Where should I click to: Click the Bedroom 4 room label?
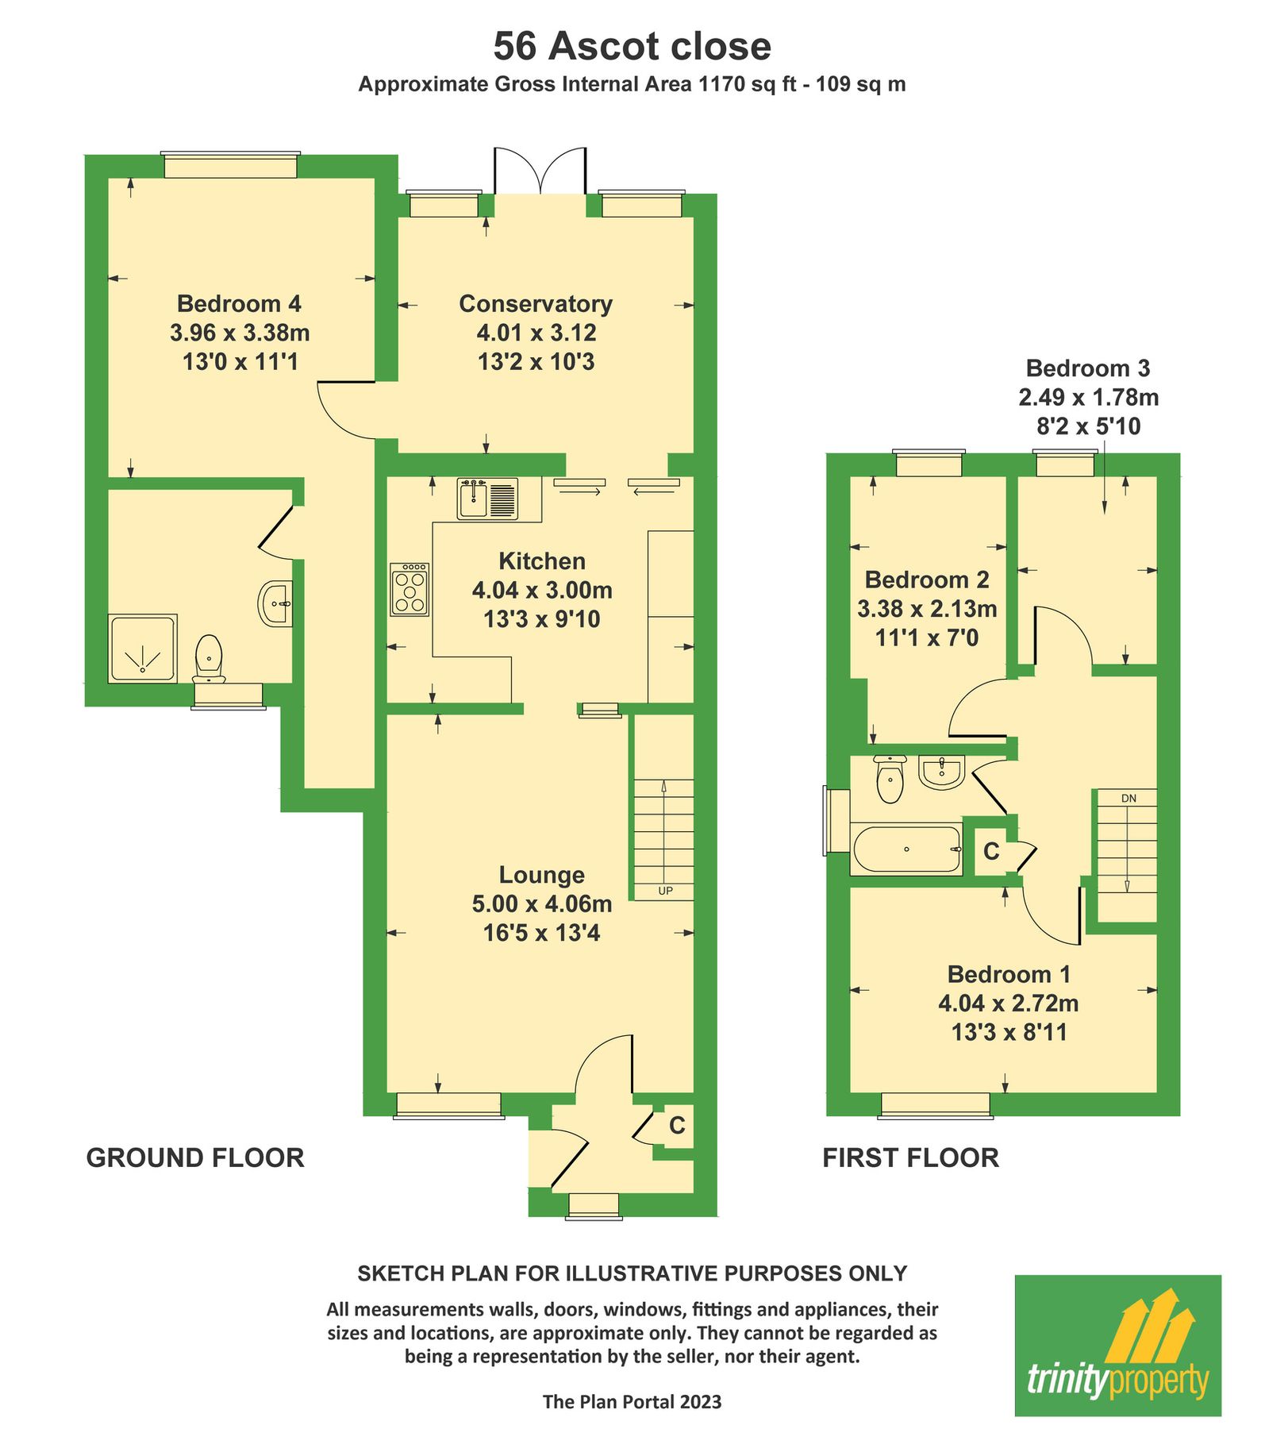(239, 304)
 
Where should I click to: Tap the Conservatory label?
(536, 304)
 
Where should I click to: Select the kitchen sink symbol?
(486, 499)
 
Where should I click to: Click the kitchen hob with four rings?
(409, 589)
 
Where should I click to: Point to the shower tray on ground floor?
(143, 648)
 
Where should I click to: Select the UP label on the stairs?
(665, 891)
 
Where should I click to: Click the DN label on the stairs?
(1129, 798)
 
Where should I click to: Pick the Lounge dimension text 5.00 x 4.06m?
(542, 903)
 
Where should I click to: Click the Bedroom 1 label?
(1009, 974)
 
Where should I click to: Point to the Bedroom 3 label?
(1087, 368)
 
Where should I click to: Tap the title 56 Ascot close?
(632, 46)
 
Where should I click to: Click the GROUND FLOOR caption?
(195, 1157)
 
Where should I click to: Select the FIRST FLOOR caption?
(910, 1157)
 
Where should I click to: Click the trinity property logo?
(1117, 1345)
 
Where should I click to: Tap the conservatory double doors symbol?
(540, 171)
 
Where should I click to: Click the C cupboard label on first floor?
(991, 851)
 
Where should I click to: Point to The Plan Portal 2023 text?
(632, 1402)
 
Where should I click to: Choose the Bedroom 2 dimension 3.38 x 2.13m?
(927, 609)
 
